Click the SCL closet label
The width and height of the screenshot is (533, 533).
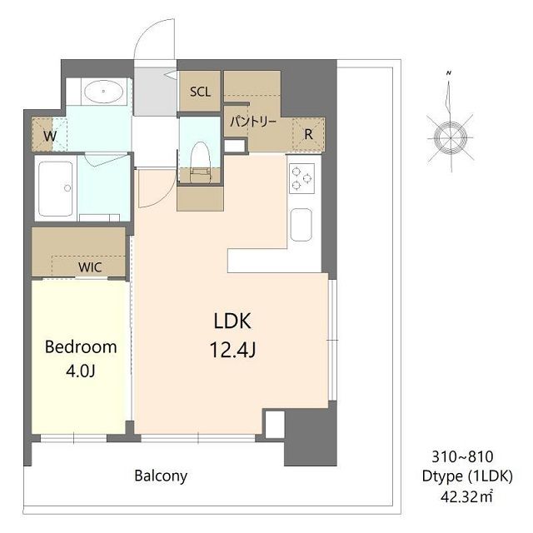coord(200,92)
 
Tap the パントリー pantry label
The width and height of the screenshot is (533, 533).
coord(253,122)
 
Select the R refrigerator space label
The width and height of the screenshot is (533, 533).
coord(308,135)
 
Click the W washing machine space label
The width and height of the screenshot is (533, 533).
coord(50,137)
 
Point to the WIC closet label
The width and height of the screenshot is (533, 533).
coord(90,267)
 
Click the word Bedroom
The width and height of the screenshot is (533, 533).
coord(81,347)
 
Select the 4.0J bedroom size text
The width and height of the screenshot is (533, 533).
coord(80,371)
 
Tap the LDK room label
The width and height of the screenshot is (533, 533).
coord(233,321)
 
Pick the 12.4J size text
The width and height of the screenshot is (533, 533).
coord(233,350)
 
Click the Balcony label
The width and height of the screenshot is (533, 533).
coord(161,476)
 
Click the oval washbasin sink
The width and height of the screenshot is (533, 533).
coord(103,91)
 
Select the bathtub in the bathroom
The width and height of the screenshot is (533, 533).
coord(56,189)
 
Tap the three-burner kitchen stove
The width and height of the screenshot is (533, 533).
coord(301,178)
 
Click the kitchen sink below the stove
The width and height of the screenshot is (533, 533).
coord(301,225)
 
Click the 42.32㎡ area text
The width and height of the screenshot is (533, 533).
coord(466,497)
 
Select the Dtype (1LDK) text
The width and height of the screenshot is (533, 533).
coord(467,476)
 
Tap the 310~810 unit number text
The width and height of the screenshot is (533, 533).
coord(462,457)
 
